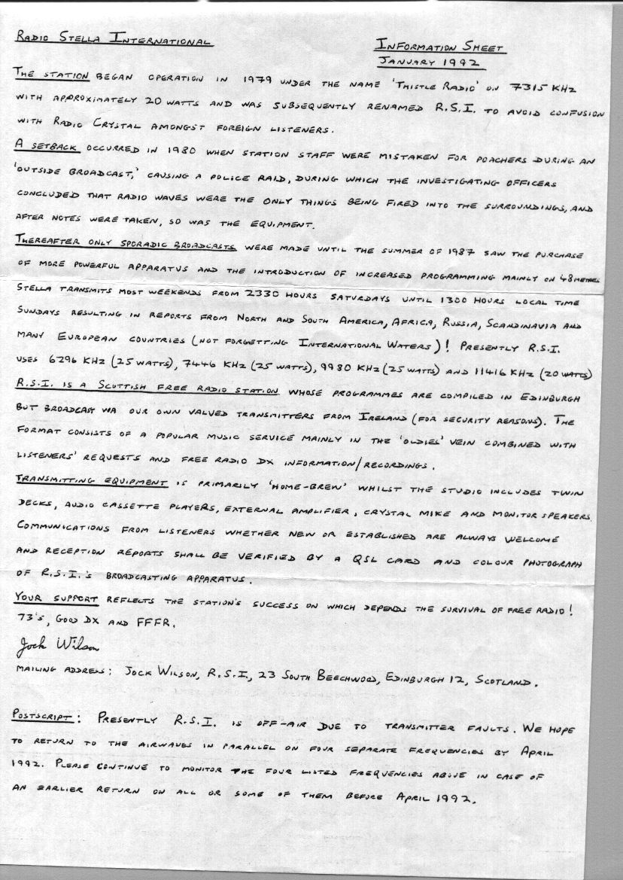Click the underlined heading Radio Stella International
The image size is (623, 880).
[x=113, y=38]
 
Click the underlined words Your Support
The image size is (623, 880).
[x=56, y=598]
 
